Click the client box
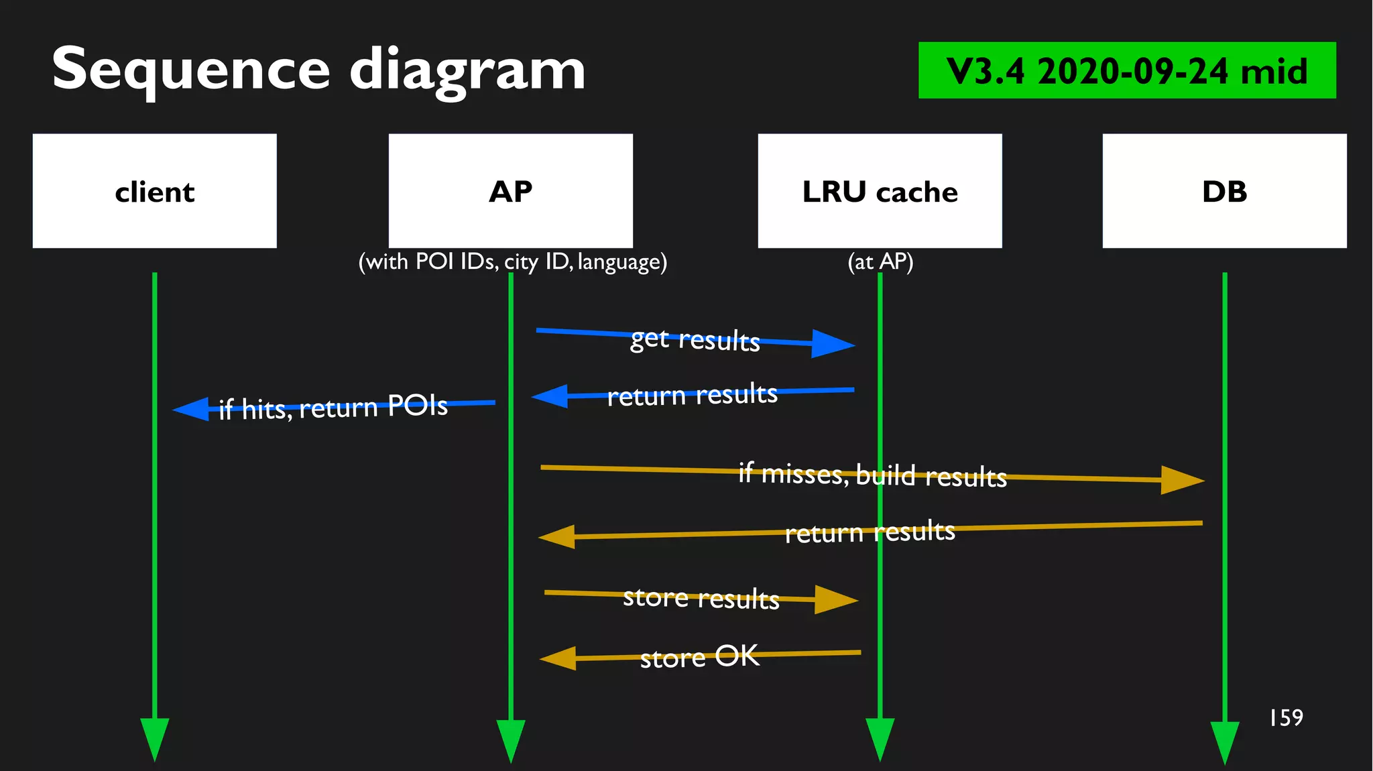pyautogui.click(x=154, y=191)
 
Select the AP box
pyautogui.click(x=510, y=191)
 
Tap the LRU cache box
pyautogui.click(x=880, y=191)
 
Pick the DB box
pyautogui.click(x=1224, y=191)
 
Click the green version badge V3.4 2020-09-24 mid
pyautogui.click(x=1126, y=70)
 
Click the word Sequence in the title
pyautogui.click(x=191, y=69)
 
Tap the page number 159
pyautogui.click(x=1286, y=718)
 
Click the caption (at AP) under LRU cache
pyautogui.click(x=880, y=261)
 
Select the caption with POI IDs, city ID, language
pyautogui.click(x=513, y=261)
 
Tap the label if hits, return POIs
pyautogui.click(x=333, y=407)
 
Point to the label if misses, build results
pyautogui.click(x=872, y=475)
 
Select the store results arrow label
pyautogui.click(x=701, y=597)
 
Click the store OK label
pyautogui.click(x=699, y=656)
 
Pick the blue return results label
pyautogui.click(x=692, y=394)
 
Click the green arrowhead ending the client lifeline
pyautogui.click(x=154, y=737)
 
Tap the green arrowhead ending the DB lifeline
pyautogui.click(x=1224, y=741)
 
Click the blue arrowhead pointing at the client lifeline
pyautogui.click(x=193, y=409)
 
